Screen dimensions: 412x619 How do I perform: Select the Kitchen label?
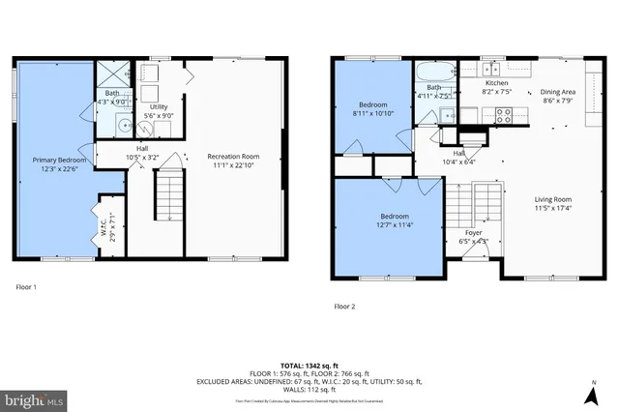[496, 83]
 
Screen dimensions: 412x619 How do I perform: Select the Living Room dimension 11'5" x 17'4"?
[552, 207]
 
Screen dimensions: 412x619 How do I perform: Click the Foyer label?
[473, 232]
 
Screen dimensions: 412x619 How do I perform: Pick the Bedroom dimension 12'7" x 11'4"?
[394, 224]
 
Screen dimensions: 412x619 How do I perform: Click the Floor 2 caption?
[345, 306]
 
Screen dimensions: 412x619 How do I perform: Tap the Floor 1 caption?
[28, 287]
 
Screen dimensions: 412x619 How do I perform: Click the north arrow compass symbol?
[590, 395]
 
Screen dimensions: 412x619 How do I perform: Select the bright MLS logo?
[34, 397]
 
